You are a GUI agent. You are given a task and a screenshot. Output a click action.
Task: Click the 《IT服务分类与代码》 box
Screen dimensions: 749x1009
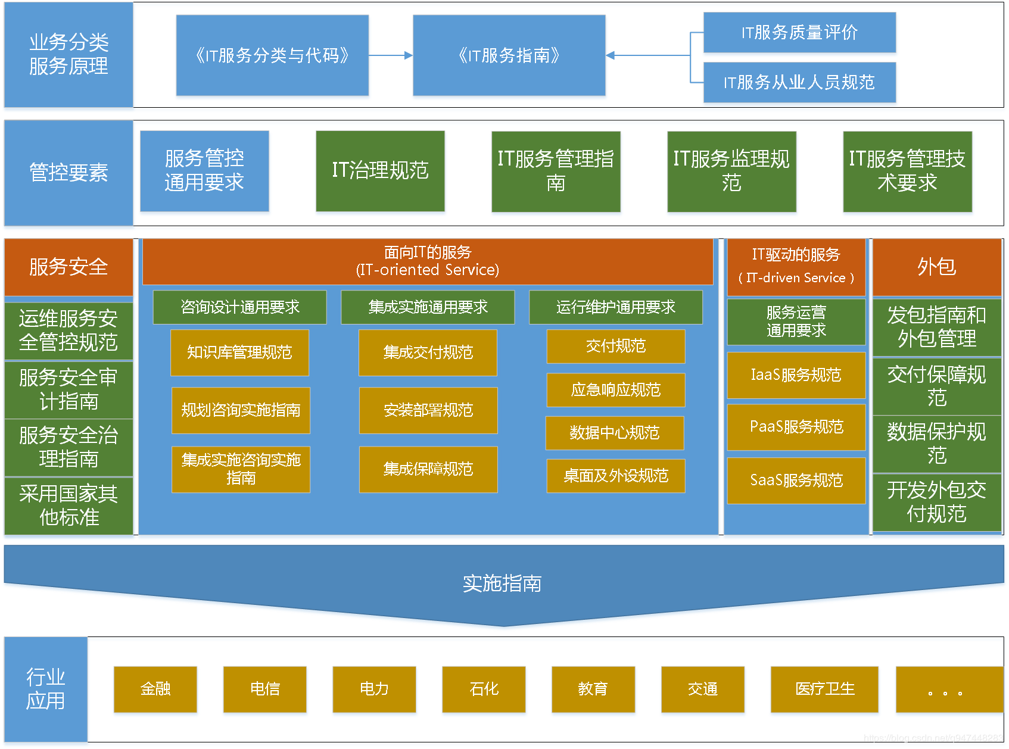pos(272,55)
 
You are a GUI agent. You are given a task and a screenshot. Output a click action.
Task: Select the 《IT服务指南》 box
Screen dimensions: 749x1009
pos(509,55)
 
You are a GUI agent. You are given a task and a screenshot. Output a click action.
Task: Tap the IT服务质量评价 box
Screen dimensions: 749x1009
pos(799,32)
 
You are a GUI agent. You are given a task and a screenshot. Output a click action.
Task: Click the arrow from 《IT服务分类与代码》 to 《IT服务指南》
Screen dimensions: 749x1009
pos(390,55)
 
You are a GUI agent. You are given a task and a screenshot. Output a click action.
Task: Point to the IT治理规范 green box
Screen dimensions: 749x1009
pos(380,171)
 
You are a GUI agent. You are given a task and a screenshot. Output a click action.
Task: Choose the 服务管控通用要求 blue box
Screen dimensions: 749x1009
pos(204,171)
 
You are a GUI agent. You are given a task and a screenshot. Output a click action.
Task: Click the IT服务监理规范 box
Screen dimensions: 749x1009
pos(731,171)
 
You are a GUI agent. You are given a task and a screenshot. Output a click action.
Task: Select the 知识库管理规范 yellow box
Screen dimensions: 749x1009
pos(239,352)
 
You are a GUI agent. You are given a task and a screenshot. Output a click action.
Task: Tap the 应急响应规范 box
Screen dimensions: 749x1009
pos(615,390)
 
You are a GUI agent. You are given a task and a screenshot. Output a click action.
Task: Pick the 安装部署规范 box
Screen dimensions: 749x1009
pos(428,410)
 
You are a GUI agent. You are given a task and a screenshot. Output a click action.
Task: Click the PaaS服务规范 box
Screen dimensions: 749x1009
pos(796,427)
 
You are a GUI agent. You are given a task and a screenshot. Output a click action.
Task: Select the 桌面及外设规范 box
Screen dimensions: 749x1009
pos(615,476)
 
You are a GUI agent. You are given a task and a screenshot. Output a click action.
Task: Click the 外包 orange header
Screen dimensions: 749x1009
pos(936,267)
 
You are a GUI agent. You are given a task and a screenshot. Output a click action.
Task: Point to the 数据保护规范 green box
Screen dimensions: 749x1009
pos(936,444)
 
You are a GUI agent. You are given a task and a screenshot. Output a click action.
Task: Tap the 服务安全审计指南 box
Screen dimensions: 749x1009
pos(68,389)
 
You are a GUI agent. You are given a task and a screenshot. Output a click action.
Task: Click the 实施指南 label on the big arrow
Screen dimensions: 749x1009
pos(502,583)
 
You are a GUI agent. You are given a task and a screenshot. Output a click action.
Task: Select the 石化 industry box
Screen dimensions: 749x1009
pos(484,689)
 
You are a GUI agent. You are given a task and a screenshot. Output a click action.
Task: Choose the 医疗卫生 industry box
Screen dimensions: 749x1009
pos(824,689)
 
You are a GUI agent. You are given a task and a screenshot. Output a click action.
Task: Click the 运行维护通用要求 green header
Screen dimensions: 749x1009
pos(615,307)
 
